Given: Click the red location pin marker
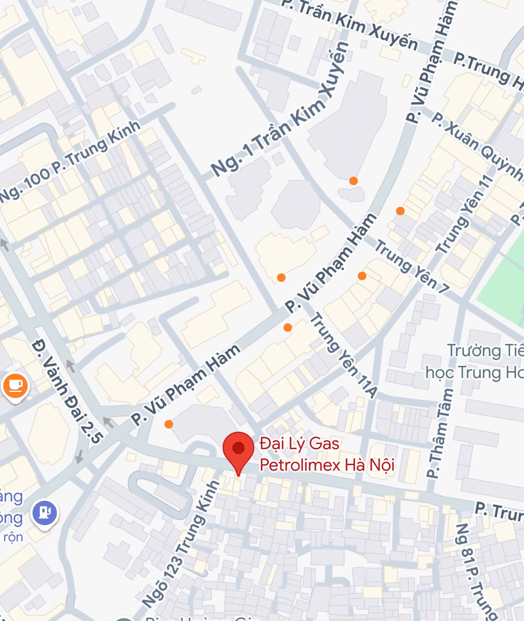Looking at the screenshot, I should point(238,449).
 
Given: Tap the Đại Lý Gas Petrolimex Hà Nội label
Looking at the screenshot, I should point(327,454).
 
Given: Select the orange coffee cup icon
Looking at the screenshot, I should point(15,385).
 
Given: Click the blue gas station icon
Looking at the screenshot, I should point(45,513).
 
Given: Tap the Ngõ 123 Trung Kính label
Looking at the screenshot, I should point(181,544).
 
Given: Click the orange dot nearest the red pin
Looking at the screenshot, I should point(169,424).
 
